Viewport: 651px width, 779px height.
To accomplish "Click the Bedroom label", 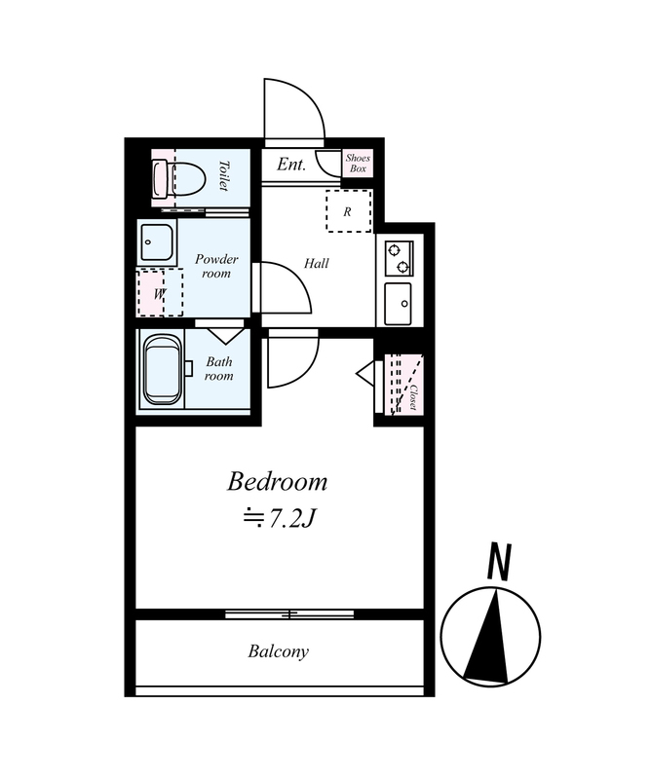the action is (277, 482).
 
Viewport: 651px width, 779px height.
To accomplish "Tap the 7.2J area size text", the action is (280, 519).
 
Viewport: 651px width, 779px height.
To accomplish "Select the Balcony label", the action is (279, 651).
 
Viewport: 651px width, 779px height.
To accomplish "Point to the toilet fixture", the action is (179, 178).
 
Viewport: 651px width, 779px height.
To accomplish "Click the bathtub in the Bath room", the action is (163, 369).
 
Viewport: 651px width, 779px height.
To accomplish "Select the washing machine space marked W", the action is (160, 293).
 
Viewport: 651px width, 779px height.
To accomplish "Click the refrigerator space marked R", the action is (349, 210).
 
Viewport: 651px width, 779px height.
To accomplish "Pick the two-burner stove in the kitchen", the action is (399, 258).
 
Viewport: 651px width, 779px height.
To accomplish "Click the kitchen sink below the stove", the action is (399, 304).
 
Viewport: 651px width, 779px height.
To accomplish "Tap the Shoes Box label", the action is (358, 163).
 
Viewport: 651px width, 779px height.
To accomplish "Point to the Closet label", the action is (413, 397).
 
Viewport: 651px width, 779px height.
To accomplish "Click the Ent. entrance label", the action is (291, 164).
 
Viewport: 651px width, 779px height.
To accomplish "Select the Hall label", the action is (317, 263).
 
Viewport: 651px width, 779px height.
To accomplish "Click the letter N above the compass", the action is (499, 562).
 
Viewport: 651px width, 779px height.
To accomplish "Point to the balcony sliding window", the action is (289, 614).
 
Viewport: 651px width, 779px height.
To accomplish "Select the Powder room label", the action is (216, 266).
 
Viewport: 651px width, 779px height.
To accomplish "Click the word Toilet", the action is (224, 175).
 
